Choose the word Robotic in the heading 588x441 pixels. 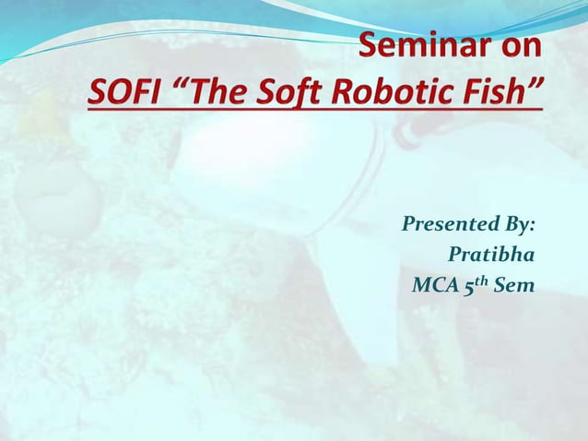394,92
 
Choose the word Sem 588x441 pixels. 513,286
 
